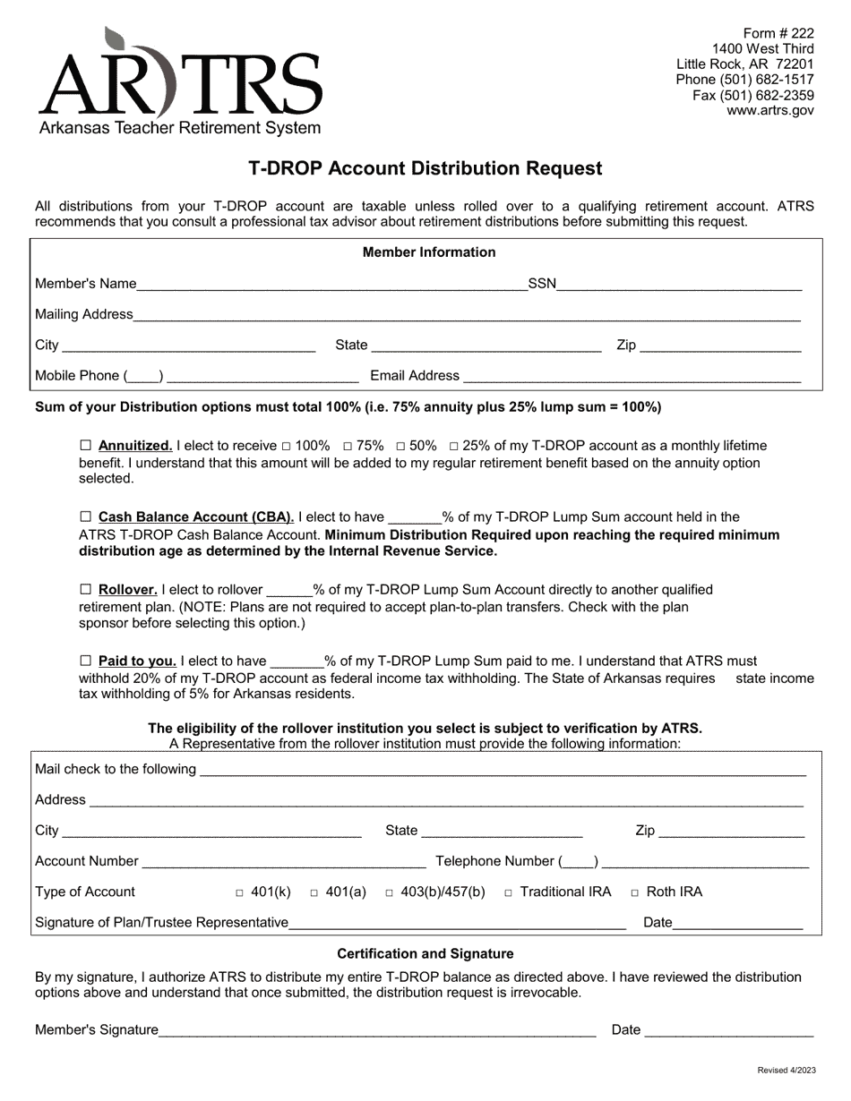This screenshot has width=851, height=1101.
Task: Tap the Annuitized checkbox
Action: [x=86, y=445]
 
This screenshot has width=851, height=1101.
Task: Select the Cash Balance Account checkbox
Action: [x=86, y=516]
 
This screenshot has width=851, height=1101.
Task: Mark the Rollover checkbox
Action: [x=86, y=590]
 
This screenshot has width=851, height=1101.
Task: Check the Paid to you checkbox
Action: [x=86, y=661]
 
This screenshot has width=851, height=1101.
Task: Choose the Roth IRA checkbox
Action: [x=635, y=892]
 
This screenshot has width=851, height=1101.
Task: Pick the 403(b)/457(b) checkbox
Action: [x=391, y=892]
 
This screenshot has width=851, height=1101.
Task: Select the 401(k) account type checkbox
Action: [x=239, y=892]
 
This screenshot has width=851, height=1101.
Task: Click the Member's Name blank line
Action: [x=331, y=285]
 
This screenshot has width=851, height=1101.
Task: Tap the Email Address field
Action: [x=632, y=376]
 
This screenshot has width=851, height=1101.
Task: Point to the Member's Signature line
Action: [x=377, y=1030]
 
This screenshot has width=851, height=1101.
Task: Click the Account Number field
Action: [x=284, y=861]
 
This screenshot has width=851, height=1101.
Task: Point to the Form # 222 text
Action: [x=778, y=34]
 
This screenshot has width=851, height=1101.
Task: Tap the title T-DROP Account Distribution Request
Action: [x=425, y=168]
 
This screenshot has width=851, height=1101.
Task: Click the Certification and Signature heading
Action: [x=425, y=954]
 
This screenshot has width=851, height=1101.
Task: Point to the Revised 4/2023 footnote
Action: [x=787, y=1071]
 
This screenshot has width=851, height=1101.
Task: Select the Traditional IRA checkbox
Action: [x=508, y=892]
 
